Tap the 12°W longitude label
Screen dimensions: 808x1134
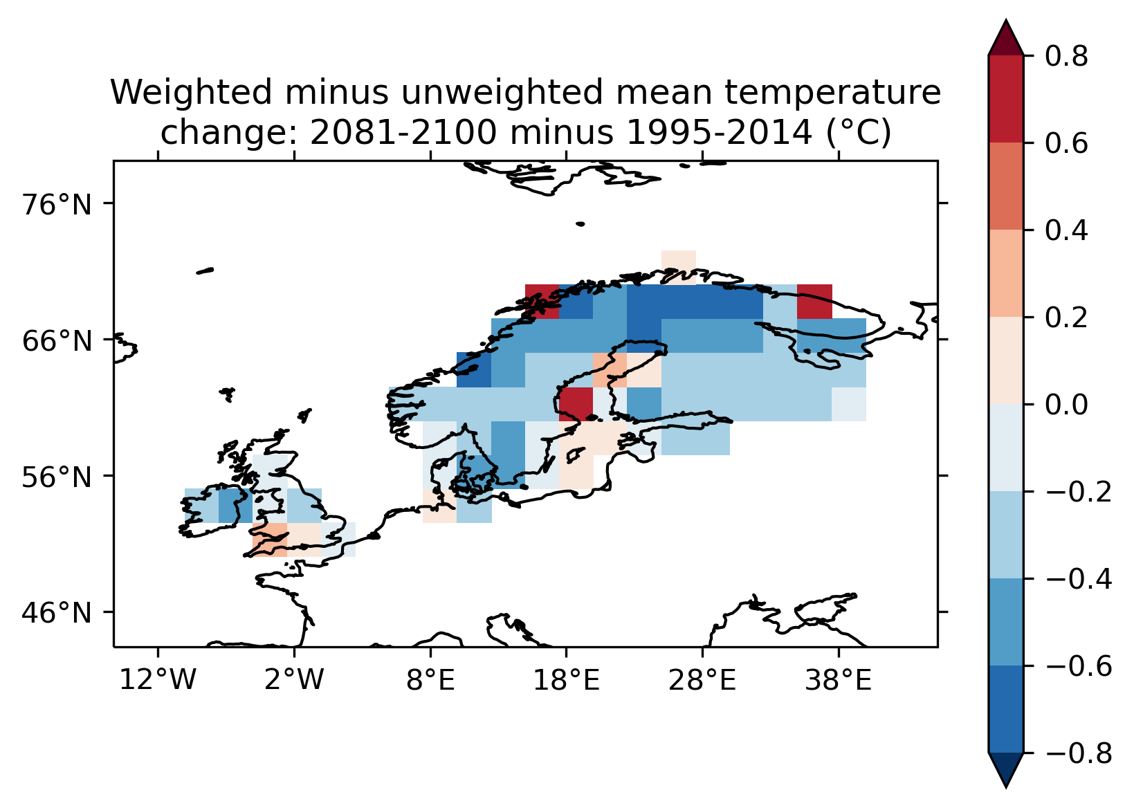click(158, 681)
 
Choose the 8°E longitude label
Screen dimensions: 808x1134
click(430, 681)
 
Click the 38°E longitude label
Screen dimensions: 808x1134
click(839, 681)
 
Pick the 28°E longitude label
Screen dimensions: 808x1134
click(703, 681)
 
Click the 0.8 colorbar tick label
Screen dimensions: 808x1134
click(1066, 57)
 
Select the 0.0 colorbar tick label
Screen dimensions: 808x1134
click(1066, 405)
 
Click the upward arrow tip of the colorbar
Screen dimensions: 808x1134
click(1006, 24)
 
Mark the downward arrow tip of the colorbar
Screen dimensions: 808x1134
click(1006, 784)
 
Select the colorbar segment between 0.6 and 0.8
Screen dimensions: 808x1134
click(1006, 100)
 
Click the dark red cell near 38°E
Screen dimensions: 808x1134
click(814, 301)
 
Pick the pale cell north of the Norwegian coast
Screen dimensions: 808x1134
click(678, 266)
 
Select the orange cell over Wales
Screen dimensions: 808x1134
click(270, 540)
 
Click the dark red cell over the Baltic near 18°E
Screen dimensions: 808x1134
click(576, 404)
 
